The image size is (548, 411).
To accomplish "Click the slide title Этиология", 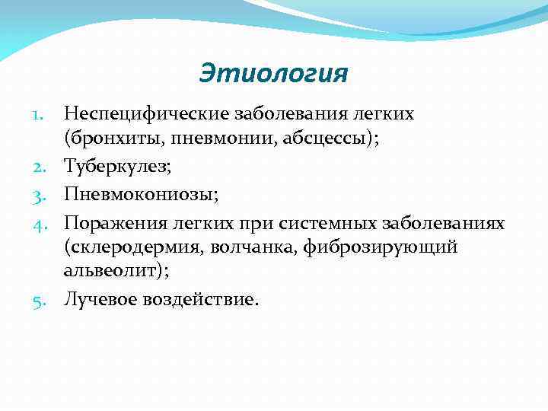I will (x=273, y=73).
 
